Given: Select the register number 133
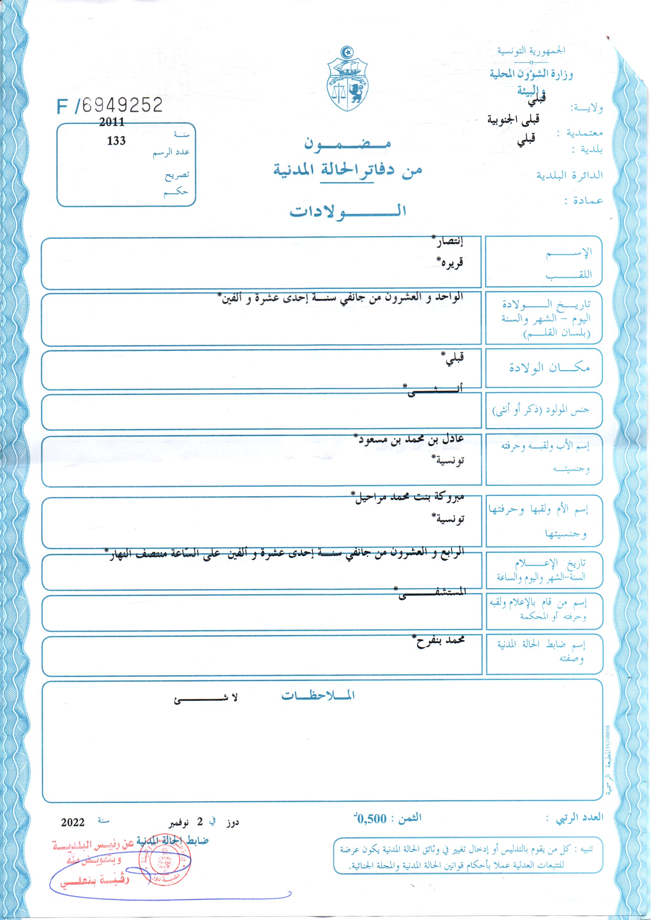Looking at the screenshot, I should coord(116,141).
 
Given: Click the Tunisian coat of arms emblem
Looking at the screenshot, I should coord(347,79).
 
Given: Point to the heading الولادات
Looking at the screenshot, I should coord(347,211).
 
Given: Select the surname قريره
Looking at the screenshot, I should coord(451,262).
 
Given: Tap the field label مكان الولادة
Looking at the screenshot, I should coord(549,367).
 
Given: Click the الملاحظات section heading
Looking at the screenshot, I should coord(318,696).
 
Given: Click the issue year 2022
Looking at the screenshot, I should coord(73,822).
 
